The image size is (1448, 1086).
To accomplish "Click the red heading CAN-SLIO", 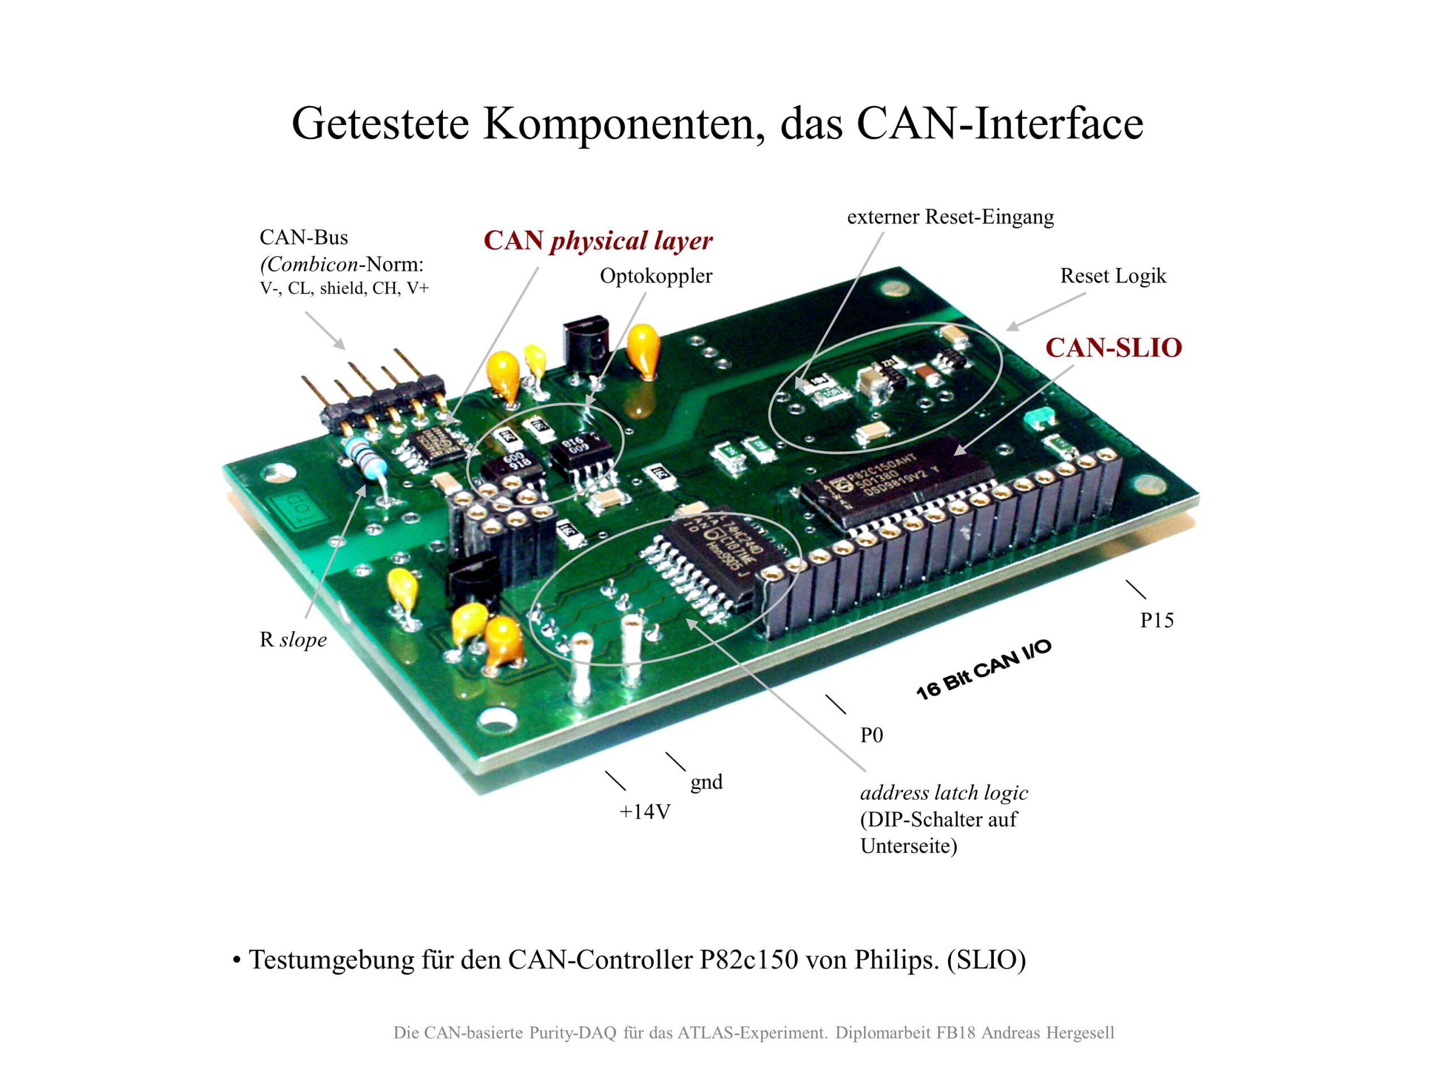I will click(1113, 348).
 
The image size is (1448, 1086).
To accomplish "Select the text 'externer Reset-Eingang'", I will click(950, 217).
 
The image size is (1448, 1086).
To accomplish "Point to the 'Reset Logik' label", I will click(1113, 275).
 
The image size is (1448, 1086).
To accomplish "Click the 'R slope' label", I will click(292, 640).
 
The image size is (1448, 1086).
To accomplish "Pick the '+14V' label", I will click(645, 812).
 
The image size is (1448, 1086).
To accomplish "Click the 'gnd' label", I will click(706, 782).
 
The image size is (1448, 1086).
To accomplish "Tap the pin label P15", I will click(1157, 620).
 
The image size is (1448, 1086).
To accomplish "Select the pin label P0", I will click(871, 735).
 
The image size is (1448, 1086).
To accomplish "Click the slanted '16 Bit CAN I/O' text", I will click(982, 669).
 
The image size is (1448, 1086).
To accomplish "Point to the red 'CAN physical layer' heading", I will click(598, 241).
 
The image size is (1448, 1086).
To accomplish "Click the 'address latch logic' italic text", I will click(943, 793).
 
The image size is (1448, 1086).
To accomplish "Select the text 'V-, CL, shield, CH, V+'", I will click(344, 288).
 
